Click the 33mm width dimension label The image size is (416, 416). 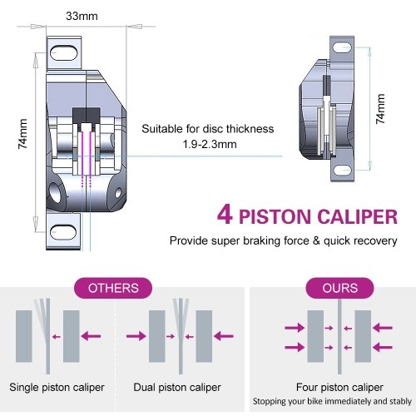point(82,16)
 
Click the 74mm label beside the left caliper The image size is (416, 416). point(22,134)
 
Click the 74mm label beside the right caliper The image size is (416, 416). point(380,109)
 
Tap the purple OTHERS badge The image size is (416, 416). point(113,288)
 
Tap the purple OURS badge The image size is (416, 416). point(339,288)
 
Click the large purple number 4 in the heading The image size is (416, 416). point(225,215)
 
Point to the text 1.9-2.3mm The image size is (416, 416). point(210,144)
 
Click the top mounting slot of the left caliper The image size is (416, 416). point(63,53)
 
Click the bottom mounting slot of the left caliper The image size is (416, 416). point(63,232)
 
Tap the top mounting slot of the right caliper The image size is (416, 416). point(342,47)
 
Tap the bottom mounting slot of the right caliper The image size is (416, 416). point(342,170)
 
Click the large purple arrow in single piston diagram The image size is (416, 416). point(91,336)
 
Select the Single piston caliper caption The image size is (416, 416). point(57,387)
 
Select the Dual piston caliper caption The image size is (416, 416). point(177,387)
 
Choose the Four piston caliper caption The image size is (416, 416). point(339,387)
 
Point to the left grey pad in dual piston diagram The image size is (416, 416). point(157,336)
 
